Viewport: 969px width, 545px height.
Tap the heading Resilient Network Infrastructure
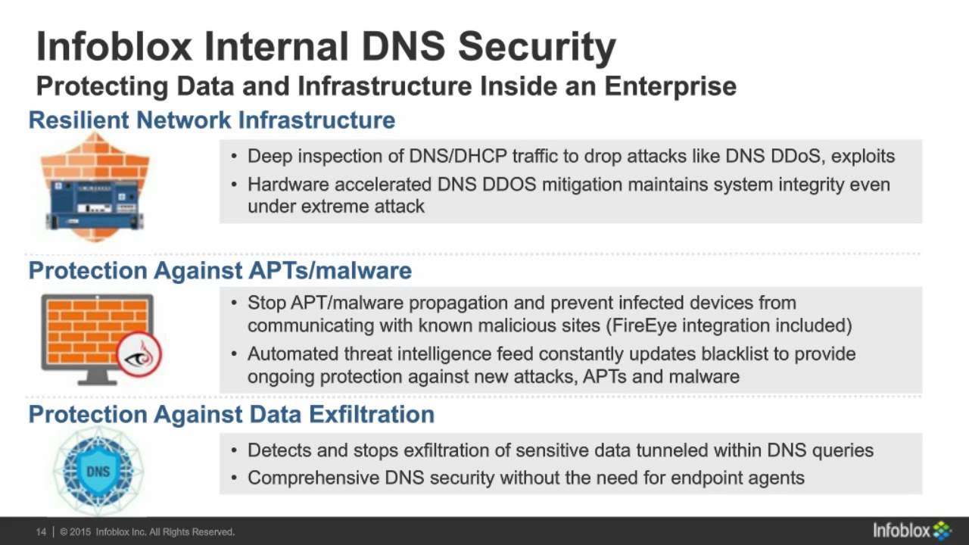tap(212, 120)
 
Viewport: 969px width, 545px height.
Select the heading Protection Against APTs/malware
tap(220, 271)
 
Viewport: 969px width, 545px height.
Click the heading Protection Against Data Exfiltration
tap(232, 414)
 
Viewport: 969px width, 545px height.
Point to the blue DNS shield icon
tap(98, 470)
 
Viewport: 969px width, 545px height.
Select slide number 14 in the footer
tap(42, 532)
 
